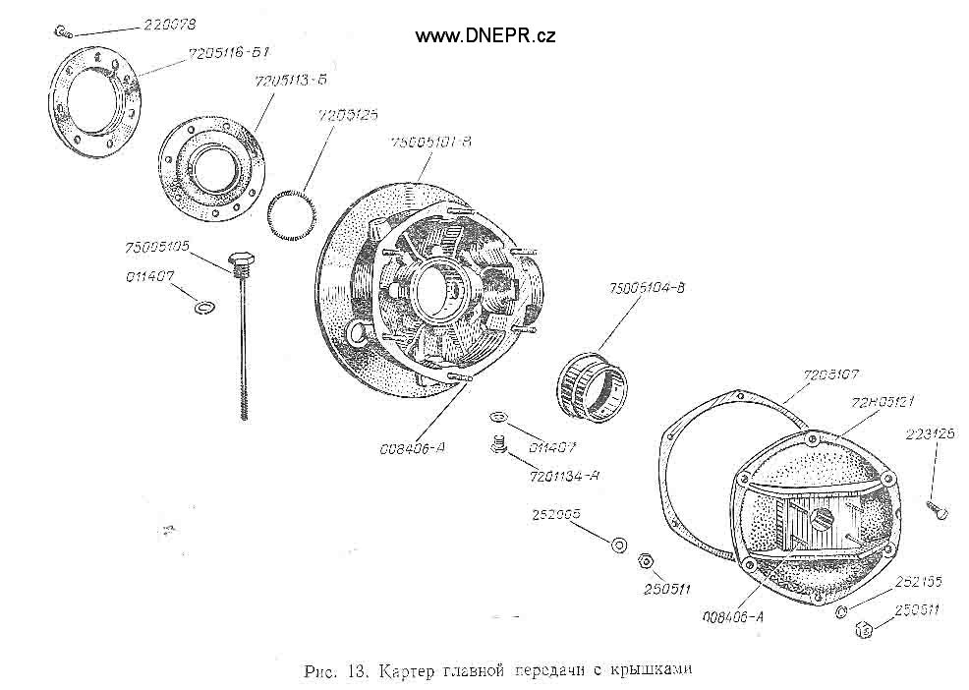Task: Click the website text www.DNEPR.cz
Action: point(485,35)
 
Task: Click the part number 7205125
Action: point(349,116)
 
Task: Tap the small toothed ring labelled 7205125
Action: point(291,216)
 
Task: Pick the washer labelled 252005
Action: point(619,544)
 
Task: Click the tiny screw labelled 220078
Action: point(62,31)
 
